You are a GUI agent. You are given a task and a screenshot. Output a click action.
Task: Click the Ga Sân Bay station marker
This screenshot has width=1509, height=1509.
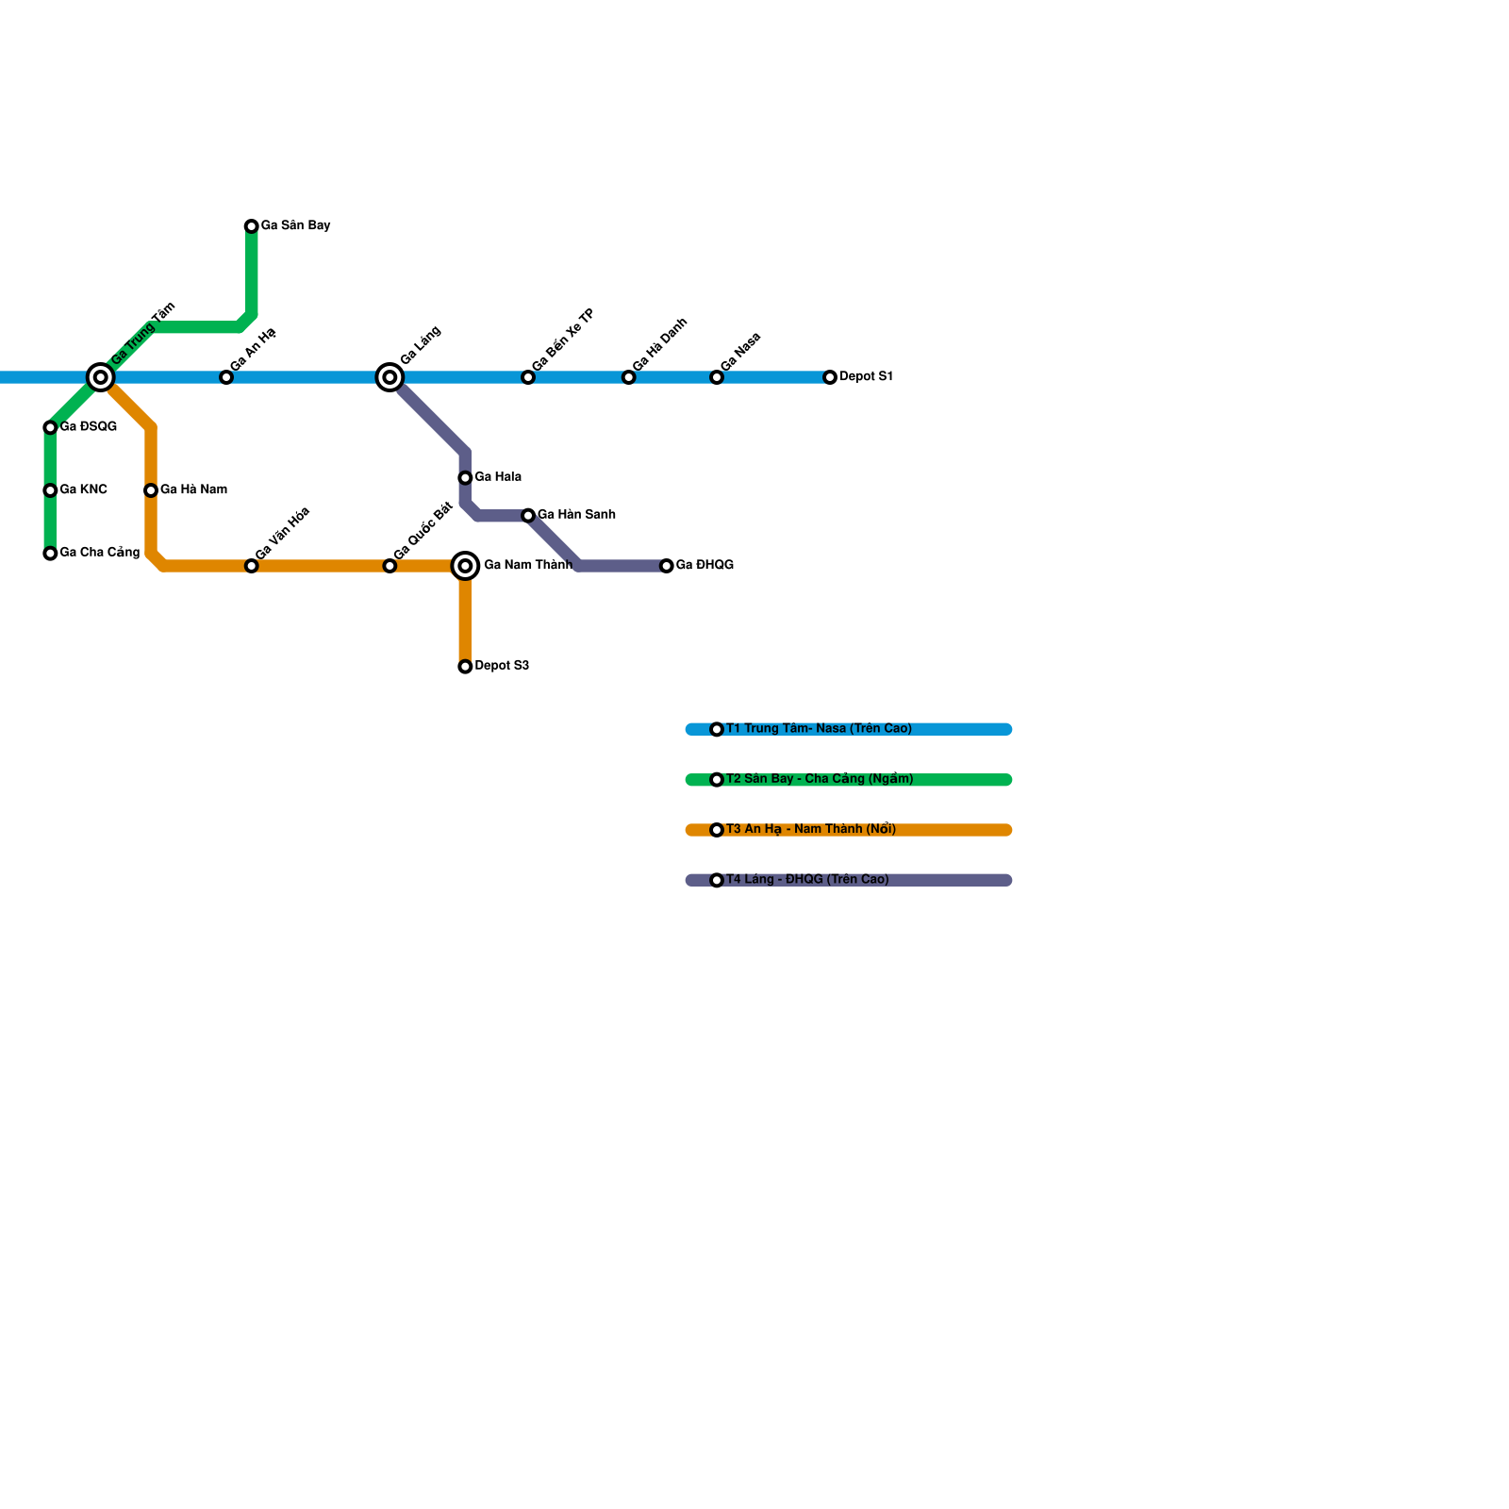[251, 226]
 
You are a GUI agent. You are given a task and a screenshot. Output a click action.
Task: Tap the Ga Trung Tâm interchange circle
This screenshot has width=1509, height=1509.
[101, 377]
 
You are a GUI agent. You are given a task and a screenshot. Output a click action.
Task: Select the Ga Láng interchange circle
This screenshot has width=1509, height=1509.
[390, 377]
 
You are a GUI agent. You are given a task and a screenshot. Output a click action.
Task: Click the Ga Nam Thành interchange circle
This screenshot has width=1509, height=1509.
[465, 566]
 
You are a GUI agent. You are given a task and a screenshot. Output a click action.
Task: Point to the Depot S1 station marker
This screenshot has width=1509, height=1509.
[830, 377]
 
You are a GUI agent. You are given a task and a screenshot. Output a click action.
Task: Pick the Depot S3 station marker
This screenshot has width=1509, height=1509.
[465, 667]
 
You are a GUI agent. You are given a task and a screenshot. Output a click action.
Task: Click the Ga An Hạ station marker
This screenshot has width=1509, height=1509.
[226, 377]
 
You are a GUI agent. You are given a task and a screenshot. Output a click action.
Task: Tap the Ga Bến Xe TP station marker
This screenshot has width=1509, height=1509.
[528, 377]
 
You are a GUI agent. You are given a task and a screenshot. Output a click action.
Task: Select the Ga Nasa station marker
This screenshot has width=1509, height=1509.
[717, 377]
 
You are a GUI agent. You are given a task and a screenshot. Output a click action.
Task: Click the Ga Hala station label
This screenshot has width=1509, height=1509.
[498, 477]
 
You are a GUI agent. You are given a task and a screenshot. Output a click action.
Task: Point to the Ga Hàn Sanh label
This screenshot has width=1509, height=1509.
[576, 515]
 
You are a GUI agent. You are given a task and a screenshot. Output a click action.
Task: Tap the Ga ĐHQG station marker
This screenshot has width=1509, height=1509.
[667, 566]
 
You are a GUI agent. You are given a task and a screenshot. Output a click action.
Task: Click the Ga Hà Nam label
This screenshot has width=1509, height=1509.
[193, 489]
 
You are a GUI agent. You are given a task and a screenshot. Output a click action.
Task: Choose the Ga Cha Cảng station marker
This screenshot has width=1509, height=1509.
[50, 554]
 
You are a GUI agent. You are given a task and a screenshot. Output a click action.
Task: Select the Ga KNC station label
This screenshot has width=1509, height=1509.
[83, 489]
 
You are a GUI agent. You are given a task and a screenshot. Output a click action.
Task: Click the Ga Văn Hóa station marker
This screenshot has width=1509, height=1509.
[251, 566]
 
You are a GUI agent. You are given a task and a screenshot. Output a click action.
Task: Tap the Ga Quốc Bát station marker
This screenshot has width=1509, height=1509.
[390, 566]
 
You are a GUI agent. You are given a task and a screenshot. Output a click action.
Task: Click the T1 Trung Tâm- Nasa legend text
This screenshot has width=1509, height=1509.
[819, 728]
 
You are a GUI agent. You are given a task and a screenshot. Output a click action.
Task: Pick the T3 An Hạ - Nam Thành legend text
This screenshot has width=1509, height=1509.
[811, 829]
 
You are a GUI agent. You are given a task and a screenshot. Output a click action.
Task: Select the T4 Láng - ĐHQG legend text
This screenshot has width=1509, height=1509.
[807, 879]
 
